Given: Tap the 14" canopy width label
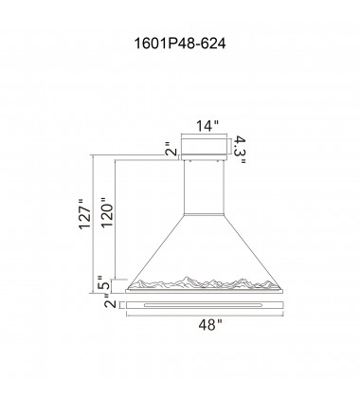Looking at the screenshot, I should point(207,122).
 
